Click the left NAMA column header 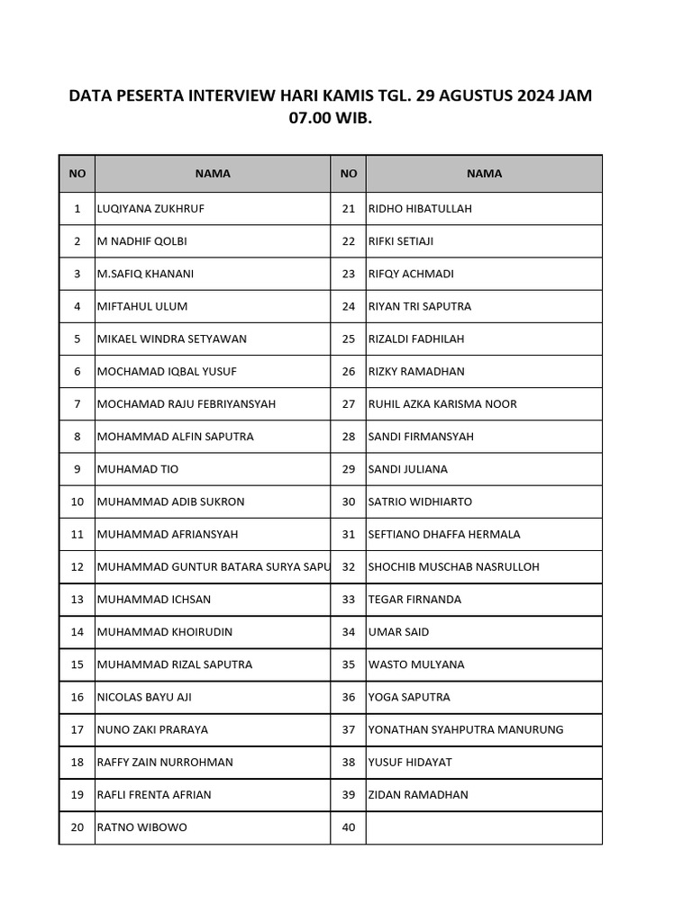tap(213, 174)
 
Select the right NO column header tap(349, 174)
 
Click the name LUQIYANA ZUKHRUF tap(151, 209)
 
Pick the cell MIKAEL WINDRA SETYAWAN tap(172, 339)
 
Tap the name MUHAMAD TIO tap(138, 469)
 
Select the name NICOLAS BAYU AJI tap(144, 697)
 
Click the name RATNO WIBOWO tap(142, 827)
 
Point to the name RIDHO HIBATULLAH tap(420, 209)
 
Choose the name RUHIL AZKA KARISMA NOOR tap(442, 404)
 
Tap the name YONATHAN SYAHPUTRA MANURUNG tap(466, 729)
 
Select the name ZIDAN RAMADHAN tap(418, 795)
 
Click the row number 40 tap(349, 827)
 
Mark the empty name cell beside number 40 tap(484, 827)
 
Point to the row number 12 tap(77, 567)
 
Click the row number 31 tap(349, 535)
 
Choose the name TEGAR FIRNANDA tap(414, 600)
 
